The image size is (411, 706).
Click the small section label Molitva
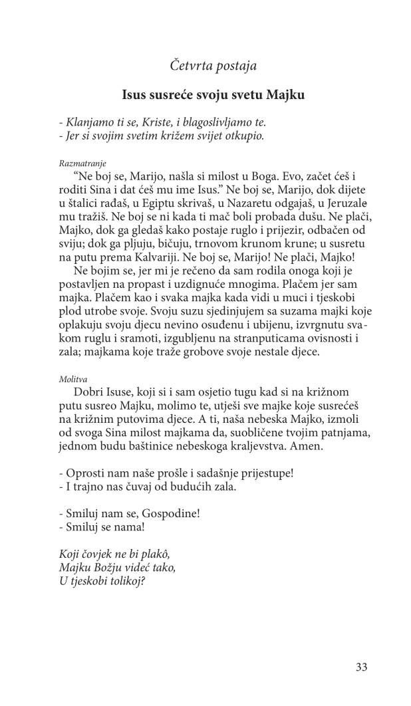coord(73,380)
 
